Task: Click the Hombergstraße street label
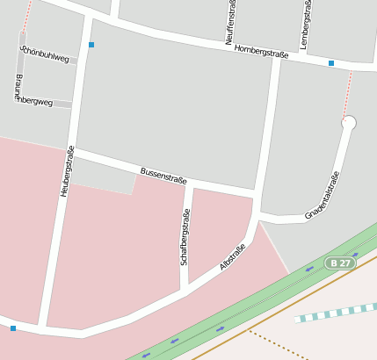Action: (x=261, y=54)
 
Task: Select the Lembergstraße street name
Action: (x=305, y=24)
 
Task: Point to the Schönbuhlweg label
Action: (x=44, y=54)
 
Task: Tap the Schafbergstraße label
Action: (x=185, y=236)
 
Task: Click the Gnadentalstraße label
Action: (x=323, y=195)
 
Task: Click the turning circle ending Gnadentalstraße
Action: (x=349, y=124)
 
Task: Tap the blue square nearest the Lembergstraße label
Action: (x=331, y=63)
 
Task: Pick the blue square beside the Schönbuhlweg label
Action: (x=91, y=44)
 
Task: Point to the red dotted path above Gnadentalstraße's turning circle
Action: (x=347, y=92)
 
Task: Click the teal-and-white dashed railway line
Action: (x=338, y=312)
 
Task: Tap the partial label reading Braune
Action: (x=18, y=87)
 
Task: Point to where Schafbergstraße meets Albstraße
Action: (x=185, y=286)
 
